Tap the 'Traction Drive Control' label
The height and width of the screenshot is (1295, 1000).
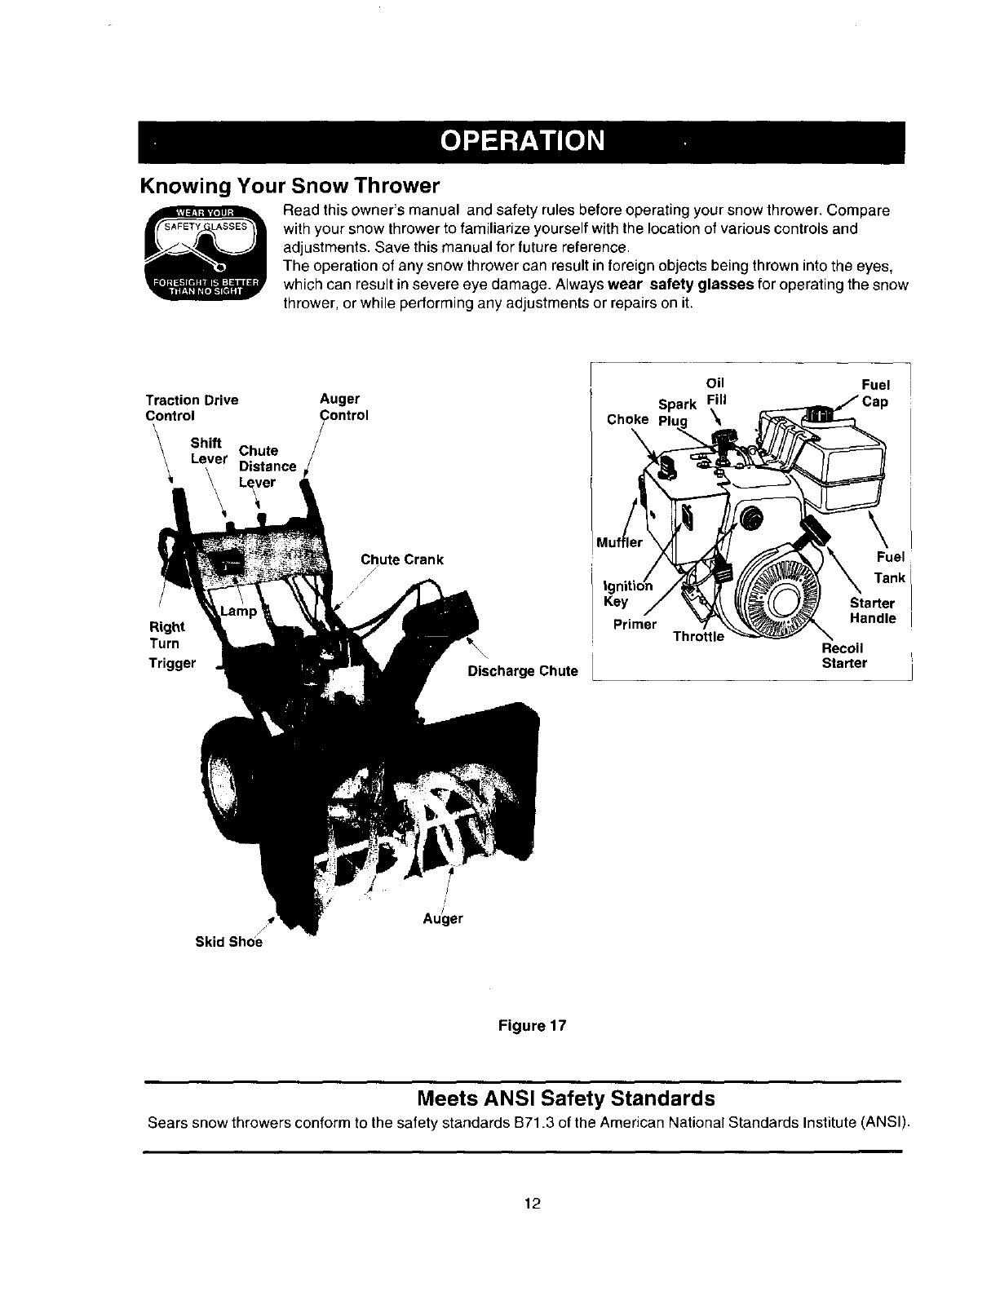(x=192, y=407)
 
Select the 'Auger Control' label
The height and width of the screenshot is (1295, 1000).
(x=343, y=407)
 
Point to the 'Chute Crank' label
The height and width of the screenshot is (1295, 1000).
(x=401, y=559)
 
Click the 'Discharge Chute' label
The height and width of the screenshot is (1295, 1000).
(x=522, y=671)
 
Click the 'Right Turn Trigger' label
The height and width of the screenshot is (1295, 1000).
(x=171, y=644)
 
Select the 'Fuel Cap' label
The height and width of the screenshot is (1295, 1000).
(x=876, y=393)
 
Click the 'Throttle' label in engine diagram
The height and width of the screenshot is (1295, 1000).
(x=697, y=637)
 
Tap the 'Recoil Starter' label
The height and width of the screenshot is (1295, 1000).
(x=845, y=655)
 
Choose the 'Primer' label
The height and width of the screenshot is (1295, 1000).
(x=635, y=624)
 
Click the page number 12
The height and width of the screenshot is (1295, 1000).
(x=533, y=1202)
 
